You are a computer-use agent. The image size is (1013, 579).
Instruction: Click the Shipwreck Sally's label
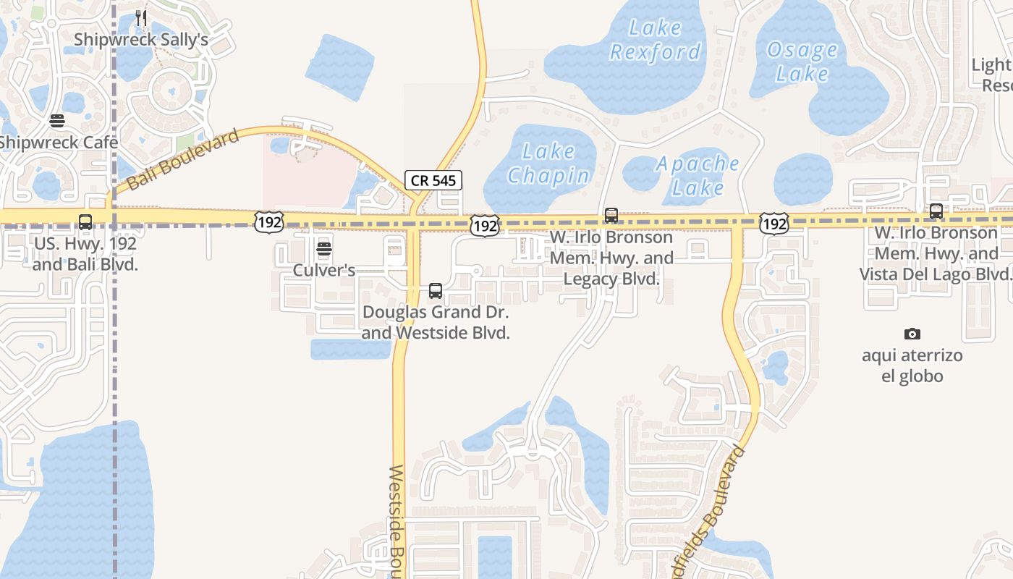(x=141, y=40)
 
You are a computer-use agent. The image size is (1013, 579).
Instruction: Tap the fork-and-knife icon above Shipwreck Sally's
(x=141, y=18)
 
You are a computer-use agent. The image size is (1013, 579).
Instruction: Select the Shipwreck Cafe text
(x=58, y=142)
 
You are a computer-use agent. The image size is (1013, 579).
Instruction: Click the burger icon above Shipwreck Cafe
(x=57, y=120)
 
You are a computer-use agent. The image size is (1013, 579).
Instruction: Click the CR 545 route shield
(x=433, y=180)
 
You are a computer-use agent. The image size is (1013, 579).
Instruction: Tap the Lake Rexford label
(x=656, y=40)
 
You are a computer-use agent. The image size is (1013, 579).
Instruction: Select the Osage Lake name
(x=802, y=62)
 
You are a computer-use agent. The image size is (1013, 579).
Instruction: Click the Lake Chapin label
(x=548, y=163)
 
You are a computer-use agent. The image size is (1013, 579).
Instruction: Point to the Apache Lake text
(x=698, y=175)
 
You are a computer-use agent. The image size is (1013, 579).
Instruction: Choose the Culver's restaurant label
(x=324, y=271)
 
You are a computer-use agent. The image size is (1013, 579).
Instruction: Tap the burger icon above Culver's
(x=324, y=250)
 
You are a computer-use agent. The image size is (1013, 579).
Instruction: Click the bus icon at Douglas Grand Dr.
(x=436, y=291)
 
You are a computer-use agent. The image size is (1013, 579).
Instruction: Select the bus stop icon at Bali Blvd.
(x=85, y=222)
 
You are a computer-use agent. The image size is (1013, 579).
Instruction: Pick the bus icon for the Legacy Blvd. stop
(x=611, y=216)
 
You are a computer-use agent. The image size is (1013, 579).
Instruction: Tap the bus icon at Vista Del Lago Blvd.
(x=936, y=211)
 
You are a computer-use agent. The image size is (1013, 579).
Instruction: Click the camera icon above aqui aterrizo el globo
(x=912, y=334)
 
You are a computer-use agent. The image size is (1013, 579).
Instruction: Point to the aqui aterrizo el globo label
(x=912, y=365)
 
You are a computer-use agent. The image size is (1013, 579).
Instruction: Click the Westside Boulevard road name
(x=397, y=521)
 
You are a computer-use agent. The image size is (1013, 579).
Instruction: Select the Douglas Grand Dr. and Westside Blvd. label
(x=436, y=323)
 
